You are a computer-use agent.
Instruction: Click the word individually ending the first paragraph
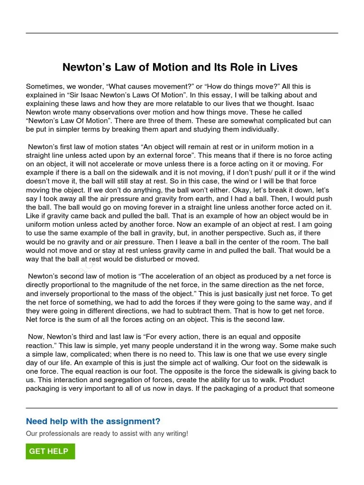257,129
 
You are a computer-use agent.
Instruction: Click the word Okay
273,190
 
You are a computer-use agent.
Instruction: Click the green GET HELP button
50,451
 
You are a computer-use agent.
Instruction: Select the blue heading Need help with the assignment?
93,422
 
